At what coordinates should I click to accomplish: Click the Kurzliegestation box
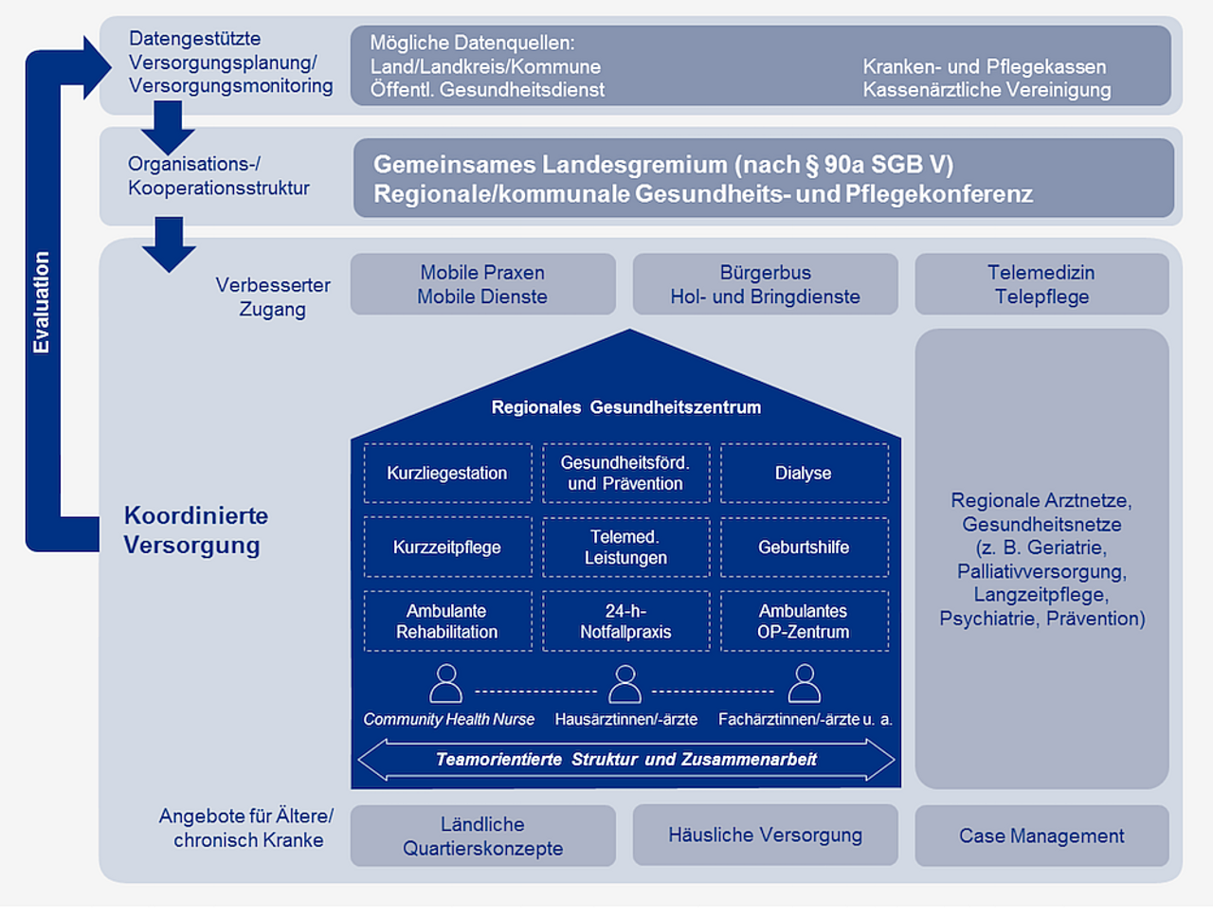[447, 473]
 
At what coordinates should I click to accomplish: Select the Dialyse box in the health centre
[804, 473]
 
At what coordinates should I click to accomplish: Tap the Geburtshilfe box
[804, 547]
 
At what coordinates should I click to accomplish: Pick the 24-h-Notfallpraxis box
[625, 621]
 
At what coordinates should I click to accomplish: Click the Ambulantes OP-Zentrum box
[804, 621]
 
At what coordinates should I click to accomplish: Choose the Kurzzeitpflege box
[447, 547]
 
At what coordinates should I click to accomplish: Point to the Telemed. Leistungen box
[625, 547]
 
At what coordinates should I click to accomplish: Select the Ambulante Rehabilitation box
[447, 621]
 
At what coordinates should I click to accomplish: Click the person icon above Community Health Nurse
[446, 683]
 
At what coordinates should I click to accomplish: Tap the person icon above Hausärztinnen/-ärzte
[625, 683]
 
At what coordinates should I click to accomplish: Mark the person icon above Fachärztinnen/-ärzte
[804, 683]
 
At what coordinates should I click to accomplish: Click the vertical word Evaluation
[41, 302]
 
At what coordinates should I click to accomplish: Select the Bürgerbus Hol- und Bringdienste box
[765, 284]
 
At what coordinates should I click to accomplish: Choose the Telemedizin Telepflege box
[1041, 284]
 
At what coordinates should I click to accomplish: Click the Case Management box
[1041, 836]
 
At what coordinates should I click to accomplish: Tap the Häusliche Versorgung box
[765, 835]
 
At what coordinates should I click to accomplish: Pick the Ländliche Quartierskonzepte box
[482, 836]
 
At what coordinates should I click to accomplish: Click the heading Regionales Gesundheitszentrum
[625, 407]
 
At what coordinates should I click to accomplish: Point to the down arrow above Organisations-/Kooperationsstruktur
[168, 127]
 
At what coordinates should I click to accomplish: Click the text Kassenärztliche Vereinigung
[987, 90]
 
